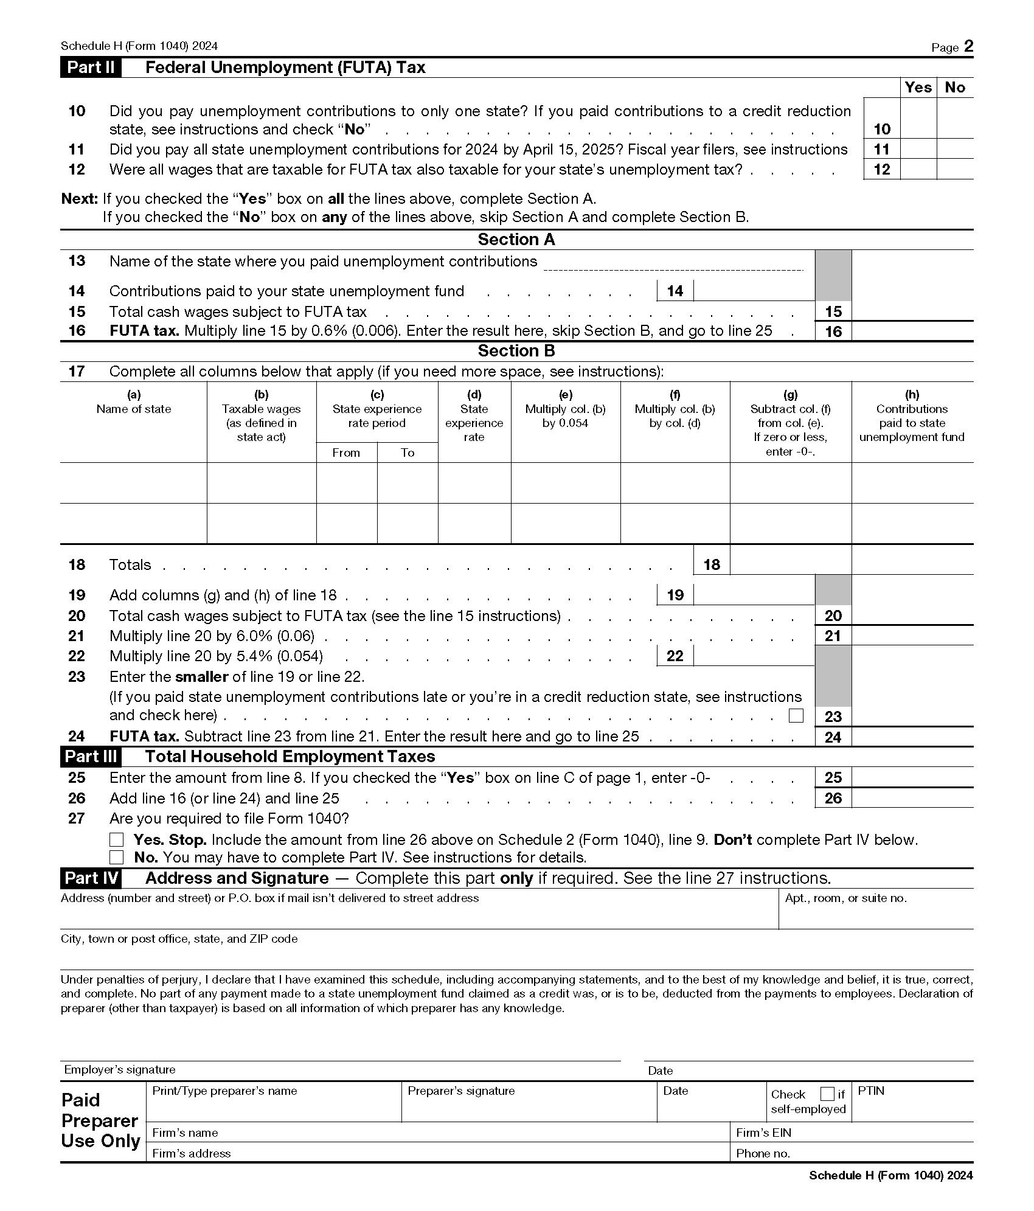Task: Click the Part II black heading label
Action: [x=91, y=68]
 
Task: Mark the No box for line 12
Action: [x=955, y=169]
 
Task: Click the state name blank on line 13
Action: [x=673, y=263]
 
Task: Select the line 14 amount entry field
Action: [x=753, y=291]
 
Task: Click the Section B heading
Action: [x=516, y=351]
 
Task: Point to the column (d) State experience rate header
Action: [x=474, y=416]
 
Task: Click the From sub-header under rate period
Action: [x=346, y=453]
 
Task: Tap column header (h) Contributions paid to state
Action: [x=911, y=416]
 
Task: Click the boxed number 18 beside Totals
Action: [x=711, y=564]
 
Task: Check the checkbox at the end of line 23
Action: [x=796, y=715]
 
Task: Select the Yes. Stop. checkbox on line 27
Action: [x=116, y=840]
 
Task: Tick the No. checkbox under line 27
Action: [x=116, y=858]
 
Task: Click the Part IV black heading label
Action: [x=91, y=878]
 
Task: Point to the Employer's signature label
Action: [x=120, y=1070]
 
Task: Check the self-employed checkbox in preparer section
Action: [x=827, y=1094]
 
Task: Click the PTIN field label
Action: [x=870, y=1091]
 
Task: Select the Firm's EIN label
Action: [x=763, y=1133]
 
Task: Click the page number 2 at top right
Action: [x=968, y=47]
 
